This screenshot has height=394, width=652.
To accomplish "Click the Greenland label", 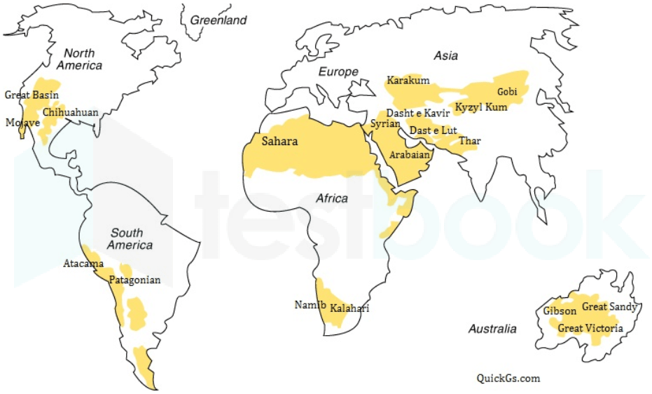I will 219,20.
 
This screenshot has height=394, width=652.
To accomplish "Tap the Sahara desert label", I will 279,142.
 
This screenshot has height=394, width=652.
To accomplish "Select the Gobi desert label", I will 507,92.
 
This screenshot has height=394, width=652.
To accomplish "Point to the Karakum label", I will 408,81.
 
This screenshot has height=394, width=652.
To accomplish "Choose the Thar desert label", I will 469,142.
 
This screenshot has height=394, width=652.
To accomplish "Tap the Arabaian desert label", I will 409,155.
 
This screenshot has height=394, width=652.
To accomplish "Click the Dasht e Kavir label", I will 418,113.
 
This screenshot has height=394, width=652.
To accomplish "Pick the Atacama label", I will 83,264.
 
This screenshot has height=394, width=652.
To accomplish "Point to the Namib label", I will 309,305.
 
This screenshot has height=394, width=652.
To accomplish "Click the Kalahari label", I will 349,308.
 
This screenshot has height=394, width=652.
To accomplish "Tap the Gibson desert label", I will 560,311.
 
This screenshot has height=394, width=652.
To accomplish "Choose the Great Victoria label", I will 590,328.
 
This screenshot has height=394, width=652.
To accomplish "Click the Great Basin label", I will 32,95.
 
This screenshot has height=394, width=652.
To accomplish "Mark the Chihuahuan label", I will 70,112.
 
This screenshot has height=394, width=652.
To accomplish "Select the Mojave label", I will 22,123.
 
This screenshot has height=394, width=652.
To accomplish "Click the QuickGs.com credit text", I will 508,378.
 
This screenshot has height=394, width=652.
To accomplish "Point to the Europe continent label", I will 338,72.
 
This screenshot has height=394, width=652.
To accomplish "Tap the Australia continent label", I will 492,329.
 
